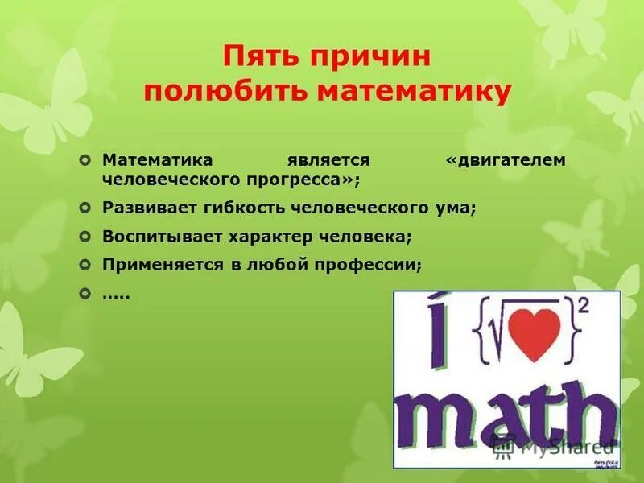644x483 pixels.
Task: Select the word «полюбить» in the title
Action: coord(225,92)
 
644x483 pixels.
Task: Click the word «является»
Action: coord(329,160)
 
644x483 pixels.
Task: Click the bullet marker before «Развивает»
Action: coord(86,208)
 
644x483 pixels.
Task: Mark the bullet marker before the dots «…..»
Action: coord(86,294)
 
